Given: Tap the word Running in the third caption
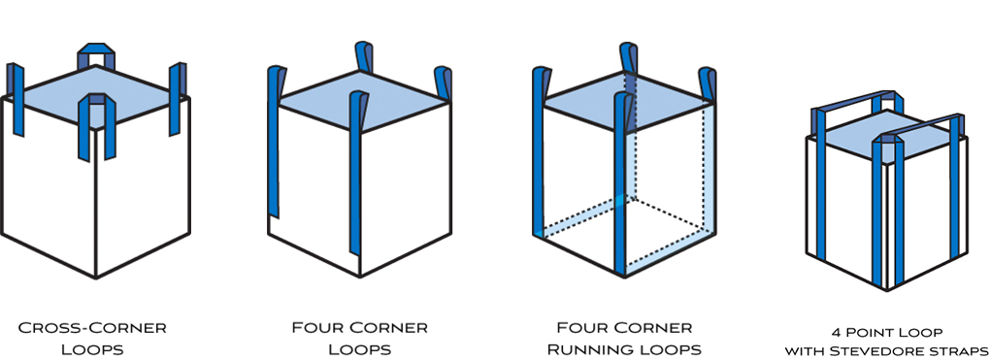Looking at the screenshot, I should (595, 349).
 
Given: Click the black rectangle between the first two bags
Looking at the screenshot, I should (229, 194).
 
